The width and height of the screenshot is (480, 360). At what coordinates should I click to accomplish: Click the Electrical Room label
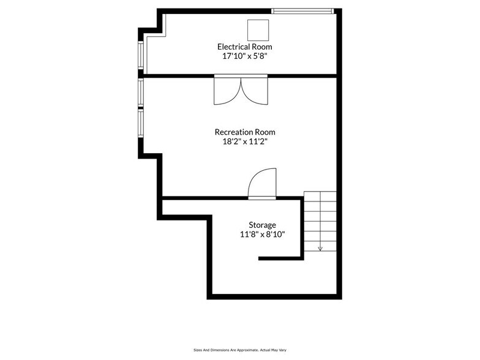[244, 47]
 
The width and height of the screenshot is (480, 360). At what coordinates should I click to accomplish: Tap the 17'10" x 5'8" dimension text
[244, 56]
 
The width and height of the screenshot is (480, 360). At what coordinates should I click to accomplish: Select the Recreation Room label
[244, 132]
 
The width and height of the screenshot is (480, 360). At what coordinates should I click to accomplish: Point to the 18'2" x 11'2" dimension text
[244, 141]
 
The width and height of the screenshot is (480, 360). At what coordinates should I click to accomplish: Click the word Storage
[261, 225]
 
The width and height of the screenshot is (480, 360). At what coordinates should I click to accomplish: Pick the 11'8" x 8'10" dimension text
[261, 234]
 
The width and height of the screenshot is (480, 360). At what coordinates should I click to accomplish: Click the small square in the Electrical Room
[258, 29]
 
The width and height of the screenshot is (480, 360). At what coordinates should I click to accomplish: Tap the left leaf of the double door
[227, 91]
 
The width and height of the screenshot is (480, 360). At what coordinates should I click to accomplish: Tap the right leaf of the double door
[255, 91]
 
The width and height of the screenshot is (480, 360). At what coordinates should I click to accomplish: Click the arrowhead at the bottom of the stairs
[320, 249]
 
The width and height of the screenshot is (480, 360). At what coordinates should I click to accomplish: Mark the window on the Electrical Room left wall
[141, 54]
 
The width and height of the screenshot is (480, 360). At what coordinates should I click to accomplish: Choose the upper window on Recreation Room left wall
[141, 93]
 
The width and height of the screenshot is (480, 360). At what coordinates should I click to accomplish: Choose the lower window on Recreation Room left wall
[141, 122]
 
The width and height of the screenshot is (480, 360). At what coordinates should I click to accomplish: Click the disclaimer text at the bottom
[239, 350]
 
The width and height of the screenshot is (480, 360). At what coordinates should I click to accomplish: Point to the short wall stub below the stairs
[281, 258]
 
